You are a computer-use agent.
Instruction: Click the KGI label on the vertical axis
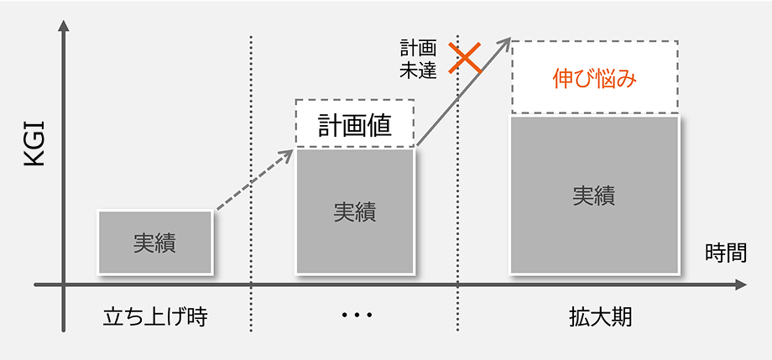34,143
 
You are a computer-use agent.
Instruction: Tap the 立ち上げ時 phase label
155,318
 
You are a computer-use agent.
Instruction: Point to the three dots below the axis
357,314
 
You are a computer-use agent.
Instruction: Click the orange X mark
464,58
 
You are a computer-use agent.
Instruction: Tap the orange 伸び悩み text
594,80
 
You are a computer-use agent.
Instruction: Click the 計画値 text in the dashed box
354,126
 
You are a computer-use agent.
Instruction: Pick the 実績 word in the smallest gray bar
154,243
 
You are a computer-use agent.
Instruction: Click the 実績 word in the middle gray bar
354,211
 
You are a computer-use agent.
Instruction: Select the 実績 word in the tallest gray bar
594,196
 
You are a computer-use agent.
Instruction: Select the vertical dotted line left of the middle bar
251,183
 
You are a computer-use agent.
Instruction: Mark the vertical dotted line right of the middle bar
458,183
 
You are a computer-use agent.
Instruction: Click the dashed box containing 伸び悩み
595,41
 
